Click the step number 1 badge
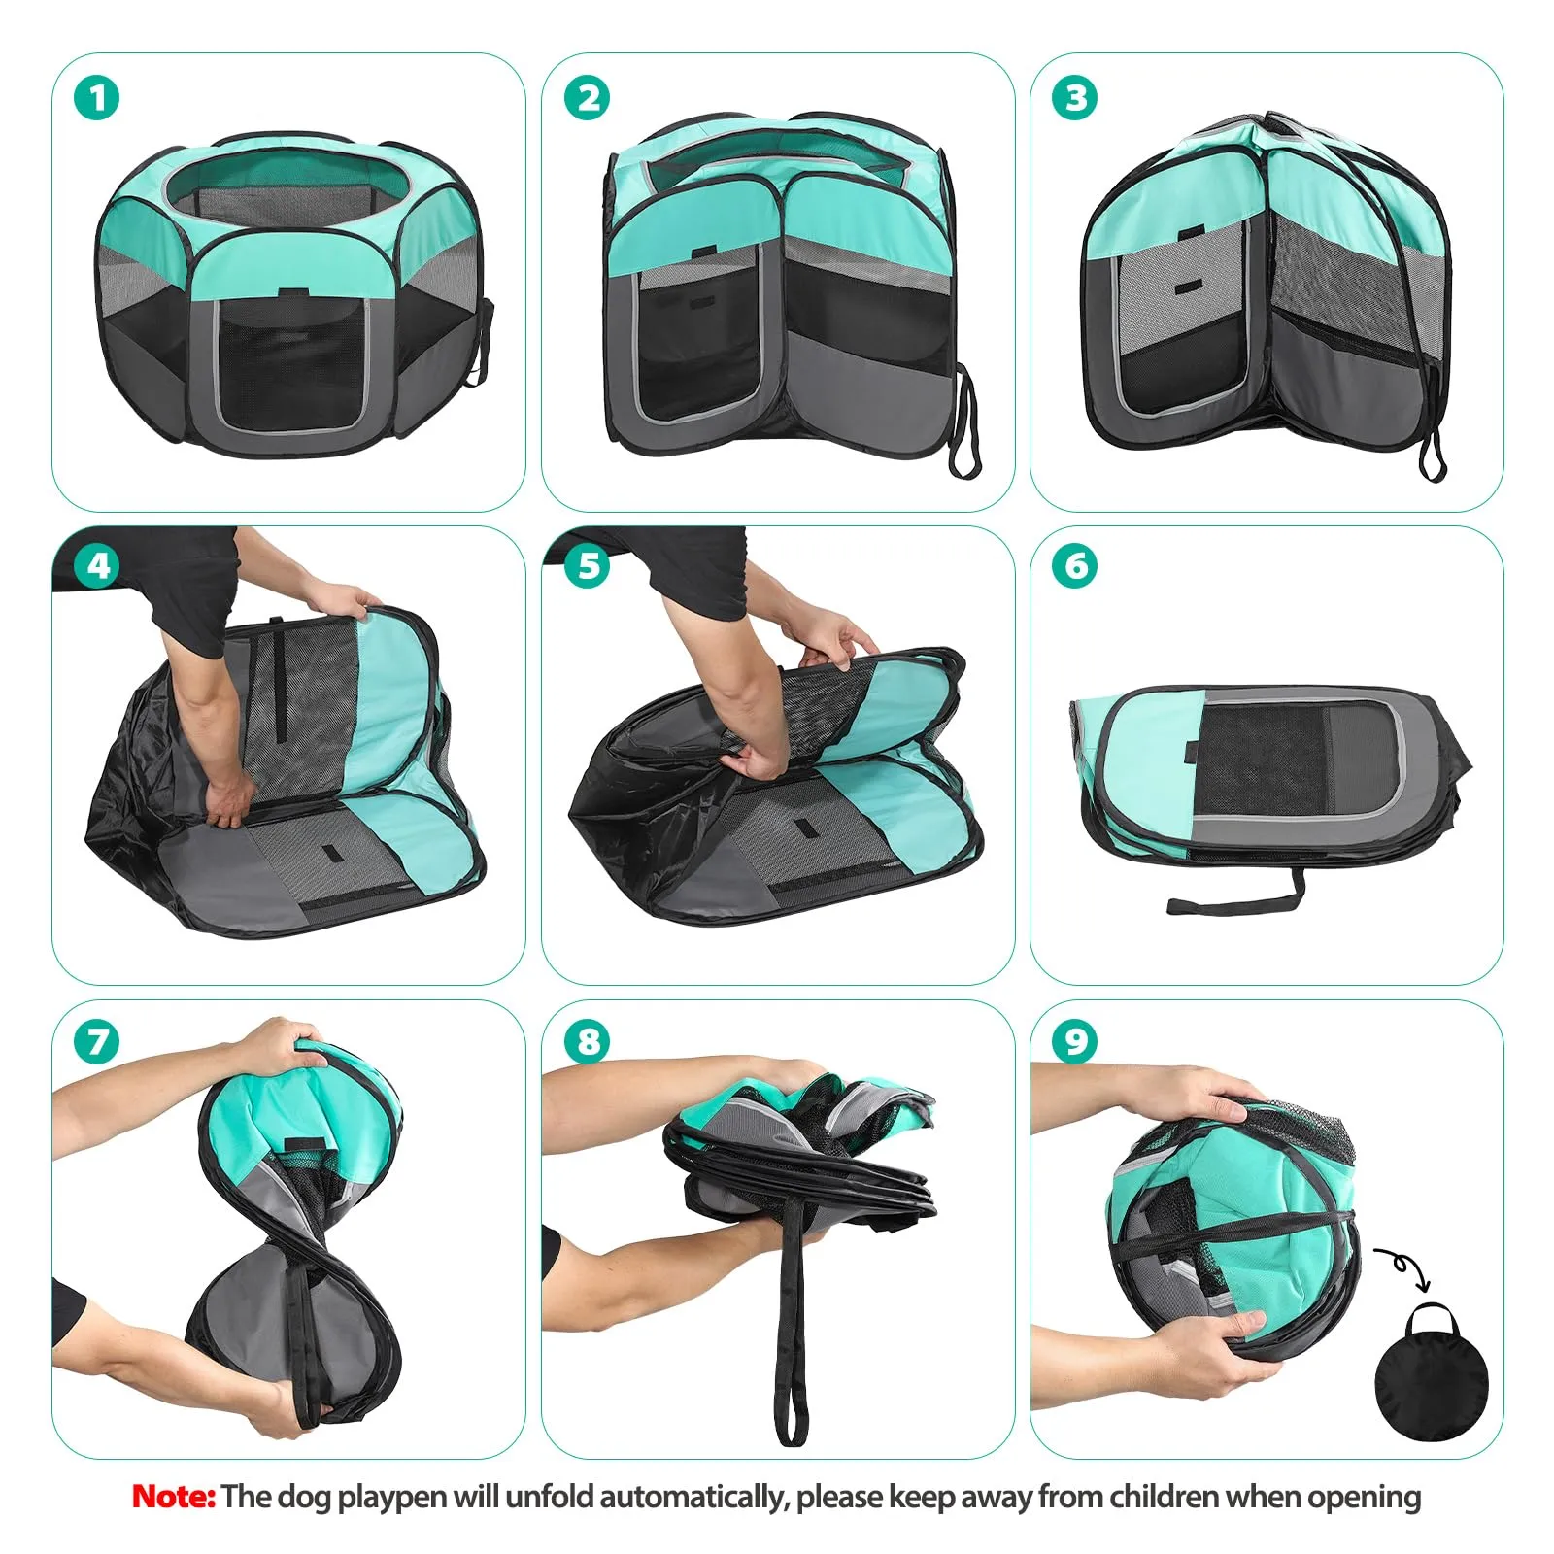(97, 99)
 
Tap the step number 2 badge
(588, 99)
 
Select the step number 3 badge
(1075, 99)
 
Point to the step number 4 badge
(97, 566)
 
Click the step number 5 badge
(588, 566)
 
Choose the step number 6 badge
(1075, 566)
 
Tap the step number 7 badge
(97, 1041)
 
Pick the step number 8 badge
(588, 1041)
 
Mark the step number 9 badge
(1075, 1041)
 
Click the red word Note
(173, 1496)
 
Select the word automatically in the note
(691, 1497)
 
